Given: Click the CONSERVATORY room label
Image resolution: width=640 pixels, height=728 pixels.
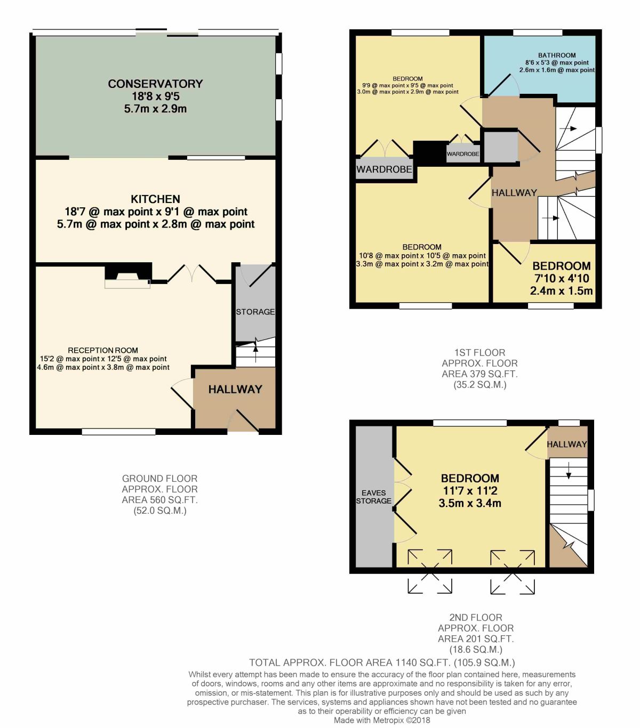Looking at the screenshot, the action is coord(155,84).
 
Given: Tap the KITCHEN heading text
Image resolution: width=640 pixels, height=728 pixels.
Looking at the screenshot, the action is coord(155,199).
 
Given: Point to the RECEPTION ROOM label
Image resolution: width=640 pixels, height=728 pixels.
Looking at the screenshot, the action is coord(103,350).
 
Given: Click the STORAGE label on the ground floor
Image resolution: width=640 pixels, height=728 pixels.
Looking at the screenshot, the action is coord(255,312).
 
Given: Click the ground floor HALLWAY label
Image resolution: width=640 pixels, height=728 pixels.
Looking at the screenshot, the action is coord(235,389).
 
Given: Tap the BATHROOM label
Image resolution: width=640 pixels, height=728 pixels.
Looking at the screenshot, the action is coord(557,55).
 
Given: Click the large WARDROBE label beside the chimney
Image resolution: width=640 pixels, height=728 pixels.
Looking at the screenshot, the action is coord(384,169).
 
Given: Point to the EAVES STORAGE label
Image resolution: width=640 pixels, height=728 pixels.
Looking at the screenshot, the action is coord(373,497).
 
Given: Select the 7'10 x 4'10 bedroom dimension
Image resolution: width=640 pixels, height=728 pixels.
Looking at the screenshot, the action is coord(561,279).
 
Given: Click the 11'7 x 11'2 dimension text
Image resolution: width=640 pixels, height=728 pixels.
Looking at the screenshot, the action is coord(469,491).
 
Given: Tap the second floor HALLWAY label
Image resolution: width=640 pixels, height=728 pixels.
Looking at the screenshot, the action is coord(566,444).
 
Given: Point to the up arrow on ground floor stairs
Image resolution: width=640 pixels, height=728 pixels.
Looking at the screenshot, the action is coord(255,353).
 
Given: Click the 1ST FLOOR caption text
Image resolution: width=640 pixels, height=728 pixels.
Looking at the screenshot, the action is coord(479,352).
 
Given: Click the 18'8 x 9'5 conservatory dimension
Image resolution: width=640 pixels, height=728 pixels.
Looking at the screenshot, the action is coord(156,96).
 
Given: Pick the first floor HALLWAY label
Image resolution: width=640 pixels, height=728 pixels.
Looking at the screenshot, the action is coord(514,193).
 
